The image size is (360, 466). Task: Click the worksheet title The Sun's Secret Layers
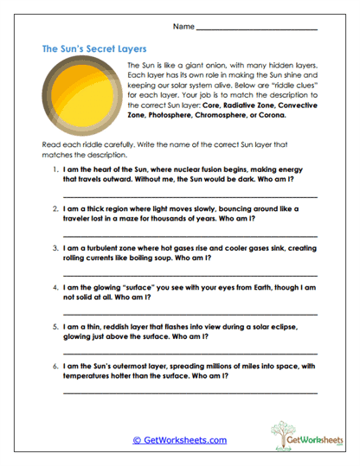(94, 50)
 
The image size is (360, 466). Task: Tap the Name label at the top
(182, 27)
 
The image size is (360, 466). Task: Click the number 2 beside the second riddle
(55, 208)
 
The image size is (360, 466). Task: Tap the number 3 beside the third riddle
(55, 246)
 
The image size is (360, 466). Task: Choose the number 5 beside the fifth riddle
(55, 327)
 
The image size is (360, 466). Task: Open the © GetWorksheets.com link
(180, 440)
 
